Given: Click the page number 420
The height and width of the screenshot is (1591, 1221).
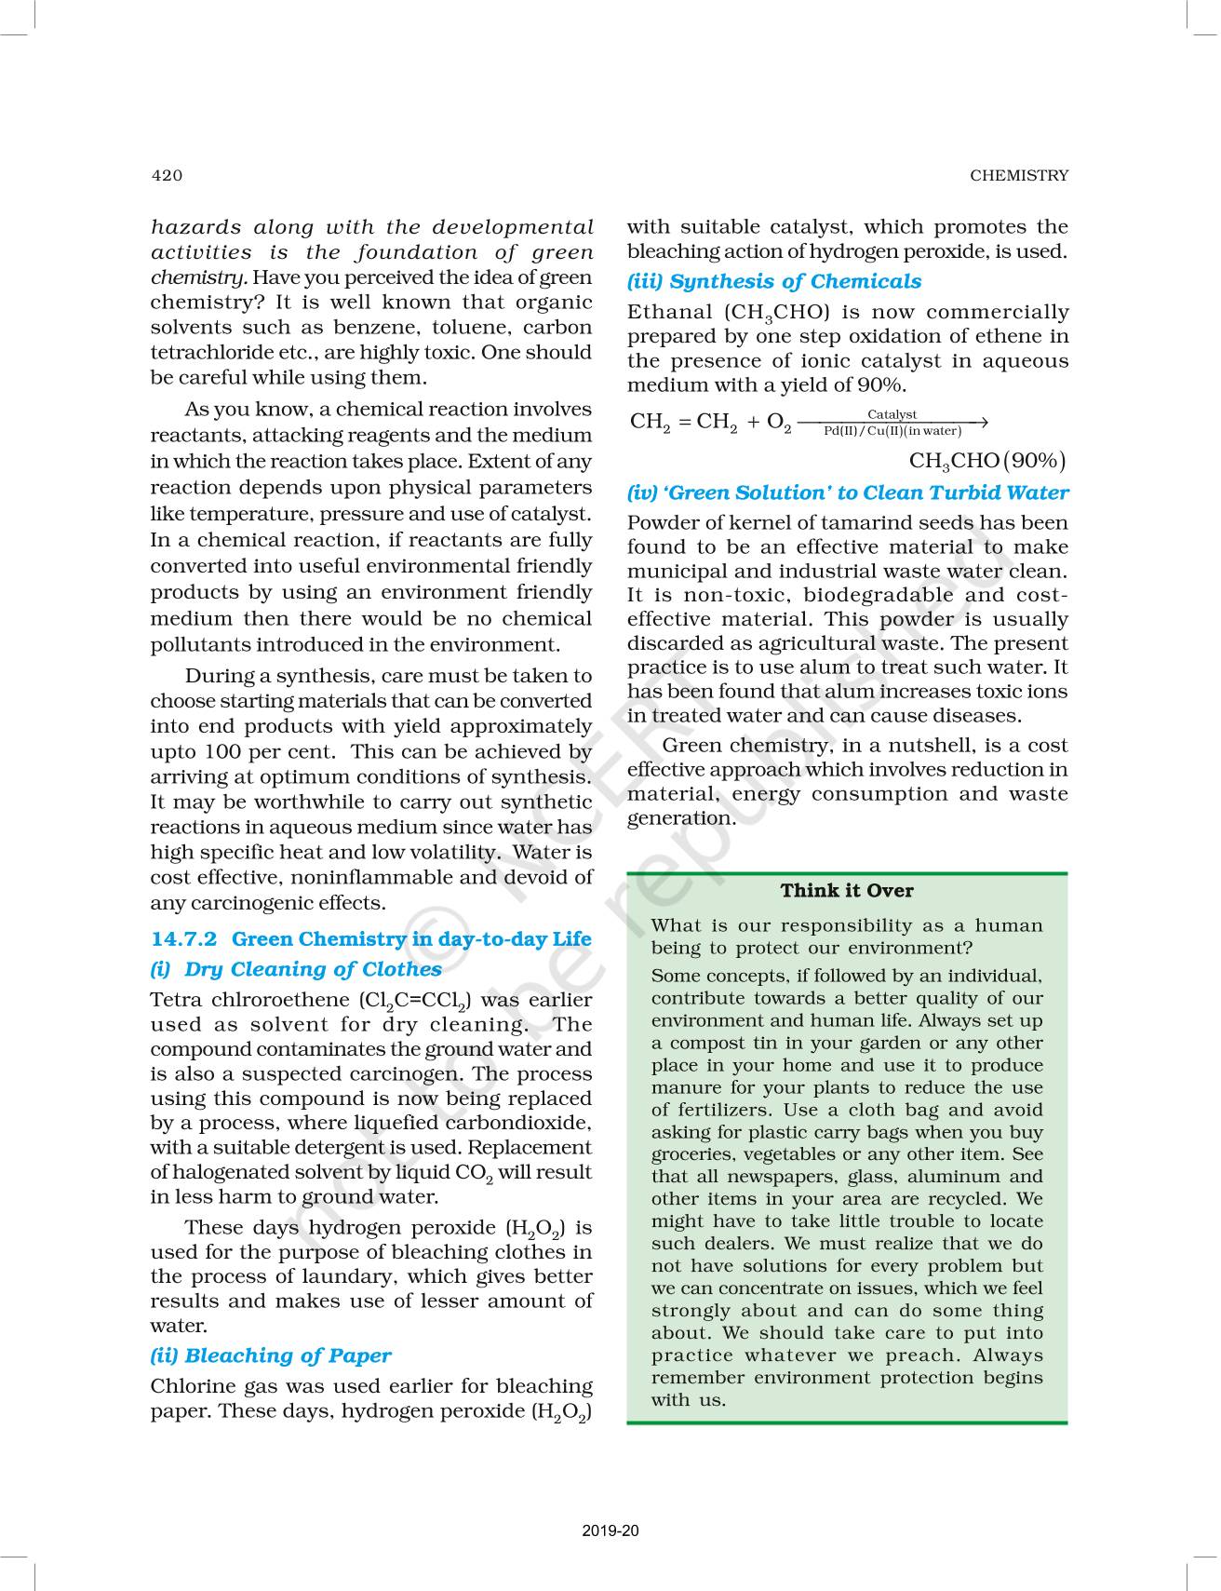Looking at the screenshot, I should tap(167, 175).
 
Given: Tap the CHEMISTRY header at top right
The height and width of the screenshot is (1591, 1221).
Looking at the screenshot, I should tap(1019, 175).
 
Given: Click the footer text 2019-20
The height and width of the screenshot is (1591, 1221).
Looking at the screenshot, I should tap(610, 1530).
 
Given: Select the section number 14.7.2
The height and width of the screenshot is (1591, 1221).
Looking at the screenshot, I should tap(183, 938).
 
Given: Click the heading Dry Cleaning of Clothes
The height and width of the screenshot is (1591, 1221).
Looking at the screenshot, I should tap(313, 969).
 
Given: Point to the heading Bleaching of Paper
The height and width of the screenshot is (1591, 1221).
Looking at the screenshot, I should tap(288, 1355).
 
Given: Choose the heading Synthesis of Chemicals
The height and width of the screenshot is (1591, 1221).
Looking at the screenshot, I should tap(795, 281).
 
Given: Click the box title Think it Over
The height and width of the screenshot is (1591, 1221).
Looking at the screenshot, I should tap(847, 890).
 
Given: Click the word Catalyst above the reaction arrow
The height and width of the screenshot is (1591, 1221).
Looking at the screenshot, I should tap(892, 414).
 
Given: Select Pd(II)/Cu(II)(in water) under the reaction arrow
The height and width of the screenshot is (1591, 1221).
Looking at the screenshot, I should tap(892, 431).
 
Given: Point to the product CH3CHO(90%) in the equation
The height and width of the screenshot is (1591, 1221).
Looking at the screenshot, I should tap(986, 461).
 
